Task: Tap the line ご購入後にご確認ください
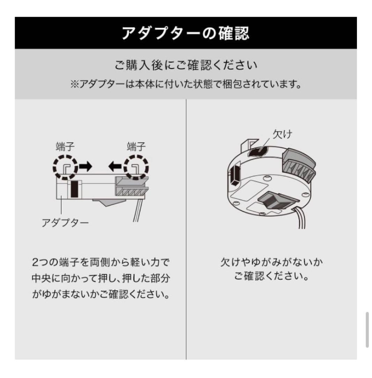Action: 185,66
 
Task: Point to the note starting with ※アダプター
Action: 185,85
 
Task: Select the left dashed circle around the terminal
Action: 65,167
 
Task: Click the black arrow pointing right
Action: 85,167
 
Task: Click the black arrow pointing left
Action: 116,167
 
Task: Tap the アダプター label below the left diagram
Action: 65,223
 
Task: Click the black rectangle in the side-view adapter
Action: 74,189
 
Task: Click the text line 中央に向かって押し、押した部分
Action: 101,278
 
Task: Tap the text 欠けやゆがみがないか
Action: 271,262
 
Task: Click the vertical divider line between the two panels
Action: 186,227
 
